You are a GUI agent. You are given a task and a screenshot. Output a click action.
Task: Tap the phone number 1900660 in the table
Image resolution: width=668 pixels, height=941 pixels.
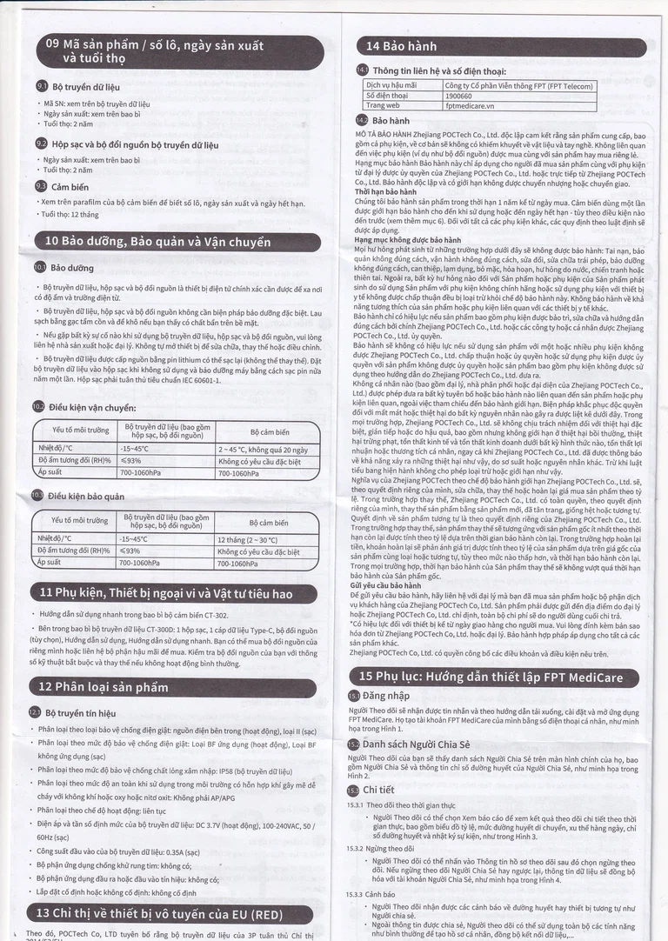[x=459, y=96]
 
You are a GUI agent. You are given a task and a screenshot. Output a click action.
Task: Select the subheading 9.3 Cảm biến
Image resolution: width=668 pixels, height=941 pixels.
[x=70, y=186]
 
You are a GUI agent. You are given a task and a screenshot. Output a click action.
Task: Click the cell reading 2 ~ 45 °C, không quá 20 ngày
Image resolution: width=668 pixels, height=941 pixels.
[x=262, y=450]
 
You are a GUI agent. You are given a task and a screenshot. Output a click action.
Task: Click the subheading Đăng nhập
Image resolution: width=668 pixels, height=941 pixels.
[x=384, y=697]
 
